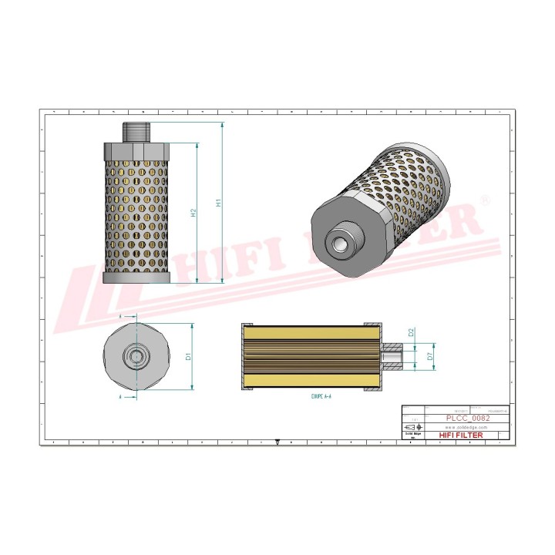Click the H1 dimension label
click(x=219, y=204)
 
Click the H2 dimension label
click(x=193, y=214)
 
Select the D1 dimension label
click(x=187, y=357)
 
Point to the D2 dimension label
click(x=412, y=333)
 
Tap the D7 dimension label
click(x=429, y=357)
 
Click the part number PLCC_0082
click(x=467, y=417)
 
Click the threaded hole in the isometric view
click(x=339, y=244)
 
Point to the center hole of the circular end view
click(x=136, y=356)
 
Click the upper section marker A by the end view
click(x=121, y=316)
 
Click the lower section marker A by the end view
click(x=121, y=397)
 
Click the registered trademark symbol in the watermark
click(x=484, y=199)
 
